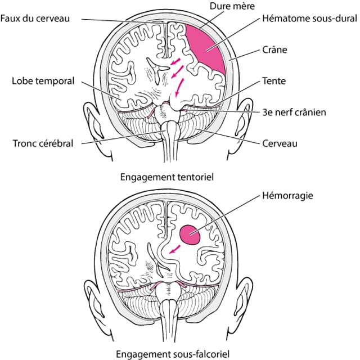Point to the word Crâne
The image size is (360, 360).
point(275,49)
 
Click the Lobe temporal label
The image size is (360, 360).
point(43,81)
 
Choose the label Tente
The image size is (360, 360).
point(274,81)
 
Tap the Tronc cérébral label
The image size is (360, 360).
point(43,143)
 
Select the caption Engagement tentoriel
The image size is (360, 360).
point(167,176)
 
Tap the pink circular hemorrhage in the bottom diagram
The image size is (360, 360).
point(190,234)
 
